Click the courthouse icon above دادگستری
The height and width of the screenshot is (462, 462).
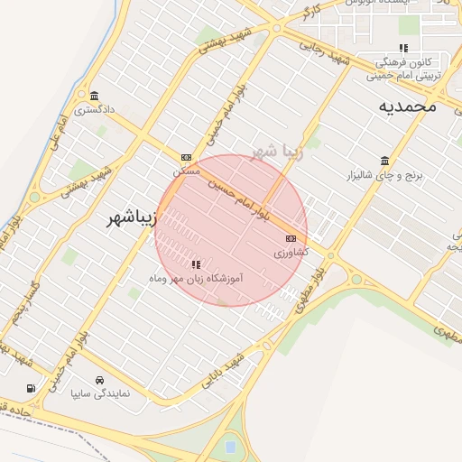coord(94,97)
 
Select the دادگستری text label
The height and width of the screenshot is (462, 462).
coord(95,110)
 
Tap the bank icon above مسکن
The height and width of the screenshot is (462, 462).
coord(186,156)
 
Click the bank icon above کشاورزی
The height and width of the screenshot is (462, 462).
coord(291,239)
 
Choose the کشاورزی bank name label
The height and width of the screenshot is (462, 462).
coord(291,253)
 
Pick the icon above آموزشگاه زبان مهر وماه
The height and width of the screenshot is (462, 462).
coord(195,265)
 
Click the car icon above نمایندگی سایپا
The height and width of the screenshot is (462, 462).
coord(99,381)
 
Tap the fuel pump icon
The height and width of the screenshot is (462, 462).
coord(32,388)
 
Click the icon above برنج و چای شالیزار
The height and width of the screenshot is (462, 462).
coord(385,161)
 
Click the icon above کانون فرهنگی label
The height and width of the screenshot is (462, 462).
coord(403,49)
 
